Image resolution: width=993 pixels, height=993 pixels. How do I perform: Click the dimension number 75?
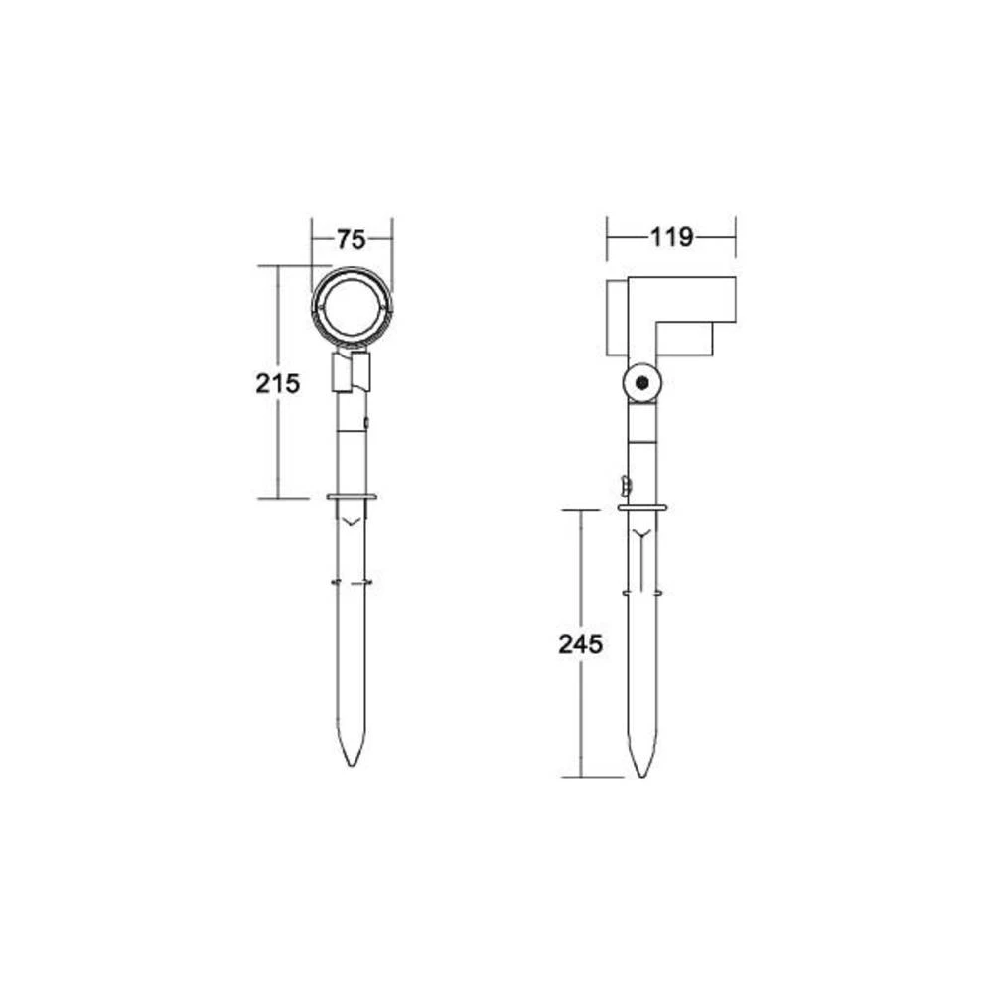point(351,239)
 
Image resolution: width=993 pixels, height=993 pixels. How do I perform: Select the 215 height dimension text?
point(277,383)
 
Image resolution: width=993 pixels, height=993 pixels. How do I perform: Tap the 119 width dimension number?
point(671,237)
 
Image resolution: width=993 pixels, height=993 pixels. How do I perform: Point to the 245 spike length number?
point(581,643)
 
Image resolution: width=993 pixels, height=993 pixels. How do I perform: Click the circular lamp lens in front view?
point(352,307)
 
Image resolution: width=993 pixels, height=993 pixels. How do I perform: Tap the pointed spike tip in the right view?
point(641,771)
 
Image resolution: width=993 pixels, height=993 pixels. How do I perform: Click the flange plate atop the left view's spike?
point(351,496)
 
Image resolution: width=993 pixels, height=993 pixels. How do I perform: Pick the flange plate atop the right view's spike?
point(641,508)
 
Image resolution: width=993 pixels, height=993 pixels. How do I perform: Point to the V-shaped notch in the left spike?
point(351,518)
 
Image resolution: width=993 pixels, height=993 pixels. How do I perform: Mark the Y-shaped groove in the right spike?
point(641,536)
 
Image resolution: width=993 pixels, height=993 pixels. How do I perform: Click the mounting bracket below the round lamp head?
point(351,371)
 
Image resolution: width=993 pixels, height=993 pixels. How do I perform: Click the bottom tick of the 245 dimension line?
point(581,777)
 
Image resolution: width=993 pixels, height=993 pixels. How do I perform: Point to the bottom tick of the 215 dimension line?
point(277,498)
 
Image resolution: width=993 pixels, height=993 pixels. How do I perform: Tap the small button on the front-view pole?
point(367,423)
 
